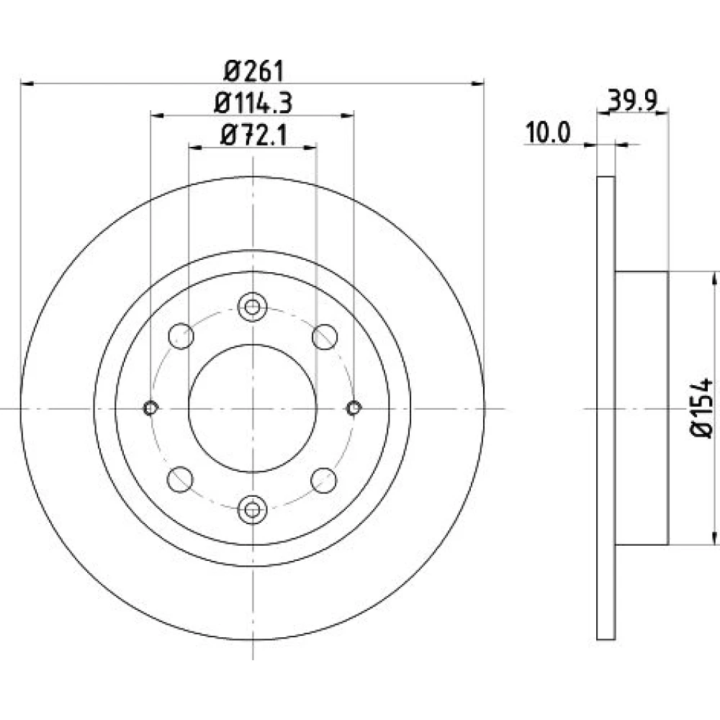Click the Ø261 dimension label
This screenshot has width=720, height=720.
coord(254,71)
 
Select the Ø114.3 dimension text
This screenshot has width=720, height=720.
coord(253,103)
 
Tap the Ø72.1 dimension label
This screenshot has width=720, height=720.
coord(254,135)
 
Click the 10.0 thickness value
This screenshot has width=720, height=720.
coord(548,132)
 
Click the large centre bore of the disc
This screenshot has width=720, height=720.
coord(253,408)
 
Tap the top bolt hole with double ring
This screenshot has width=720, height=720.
coord(252,307)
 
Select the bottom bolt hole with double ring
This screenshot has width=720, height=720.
coord(252,509)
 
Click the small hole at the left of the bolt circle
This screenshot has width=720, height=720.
coord(150,408)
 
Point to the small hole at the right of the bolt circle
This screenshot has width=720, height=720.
coord(354,408)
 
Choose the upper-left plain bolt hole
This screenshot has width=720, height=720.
coord(181,336)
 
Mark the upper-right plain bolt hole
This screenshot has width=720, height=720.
coord(325,336)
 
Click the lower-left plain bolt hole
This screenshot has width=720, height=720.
coord(180,480)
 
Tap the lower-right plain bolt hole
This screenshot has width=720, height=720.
coord(323,480)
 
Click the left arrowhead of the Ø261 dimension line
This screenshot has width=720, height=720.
coord(27,84)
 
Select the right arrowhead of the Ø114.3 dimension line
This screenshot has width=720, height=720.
coord(347,114)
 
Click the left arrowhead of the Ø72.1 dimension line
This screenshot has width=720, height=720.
coord(196,147)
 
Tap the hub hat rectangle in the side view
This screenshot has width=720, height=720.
coord(642,408)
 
